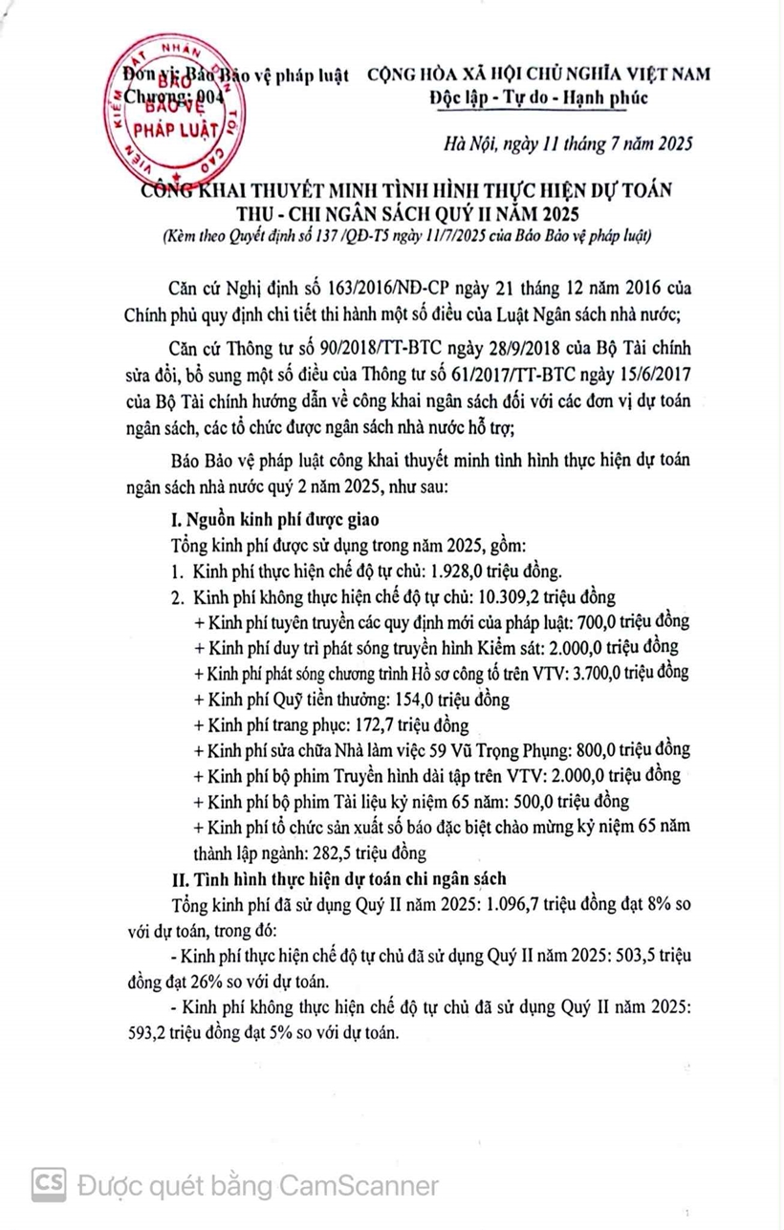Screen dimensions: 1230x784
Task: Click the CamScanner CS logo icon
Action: click(x=49, y=1185)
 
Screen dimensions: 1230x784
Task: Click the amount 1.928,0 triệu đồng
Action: click(x=490, y=572)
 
